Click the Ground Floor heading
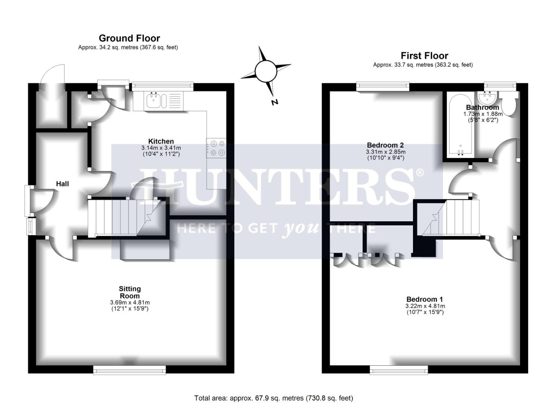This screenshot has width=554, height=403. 129,38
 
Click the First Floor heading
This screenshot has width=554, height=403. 424,56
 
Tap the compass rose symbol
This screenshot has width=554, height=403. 265,69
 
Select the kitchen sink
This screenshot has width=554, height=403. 154,100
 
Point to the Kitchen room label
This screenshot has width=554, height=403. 161,141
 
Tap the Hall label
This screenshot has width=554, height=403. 62,184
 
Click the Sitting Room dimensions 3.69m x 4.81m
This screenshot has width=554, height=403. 130,302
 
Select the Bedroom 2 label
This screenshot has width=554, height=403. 385,145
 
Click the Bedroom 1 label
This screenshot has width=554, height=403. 425,299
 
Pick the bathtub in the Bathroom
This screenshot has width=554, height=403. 460,125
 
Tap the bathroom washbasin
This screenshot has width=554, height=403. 487,98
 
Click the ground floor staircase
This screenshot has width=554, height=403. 123,218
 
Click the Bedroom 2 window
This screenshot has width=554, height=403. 383,87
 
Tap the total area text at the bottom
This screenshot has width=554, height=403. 273,398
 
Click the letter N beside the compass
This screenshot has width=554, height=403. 275,102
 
